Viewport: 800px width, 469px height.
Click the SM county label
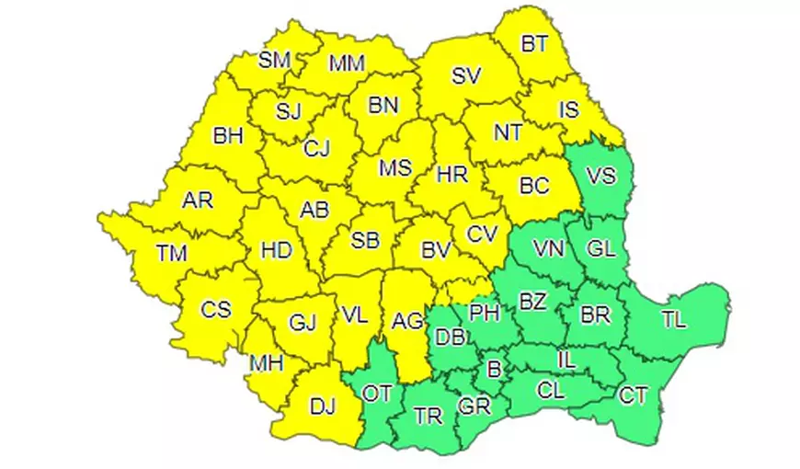tap(274, 61)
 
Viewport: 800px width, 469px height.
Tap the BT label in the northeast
tap(533, 43)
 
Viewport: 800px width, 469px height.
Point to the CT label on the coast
tap(634, 396)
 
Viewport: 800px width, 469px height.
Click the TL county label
tap(673, 319)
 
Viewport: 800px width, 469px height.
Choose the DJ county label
tap(322, 405)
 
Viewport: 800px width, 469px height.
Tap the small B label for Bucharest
tap(495, 370)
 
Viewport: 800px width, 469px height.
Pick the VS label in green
tap(600, 176)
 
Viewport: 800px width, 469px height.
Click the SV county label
tap(466, 76)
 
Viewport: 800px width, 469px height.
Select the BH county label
tap(227, 136)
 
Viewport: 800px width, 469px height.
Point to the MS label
tap(395, 169)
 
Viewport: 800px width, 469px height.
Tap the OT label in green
tap(377, 394)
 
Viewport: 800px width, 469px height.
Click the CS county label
tap(216, 309)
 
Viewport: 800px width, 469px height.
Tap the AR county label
tap(198, 200)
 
